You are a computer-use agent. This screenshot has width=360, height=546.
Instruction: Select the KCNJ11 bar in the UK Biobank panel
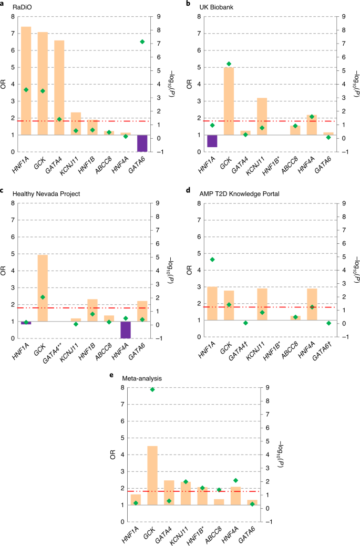[x=262, y=116]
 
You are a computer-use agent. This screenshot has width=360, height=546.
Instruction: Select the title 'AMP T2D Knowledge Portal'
[x=238, y=193]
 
